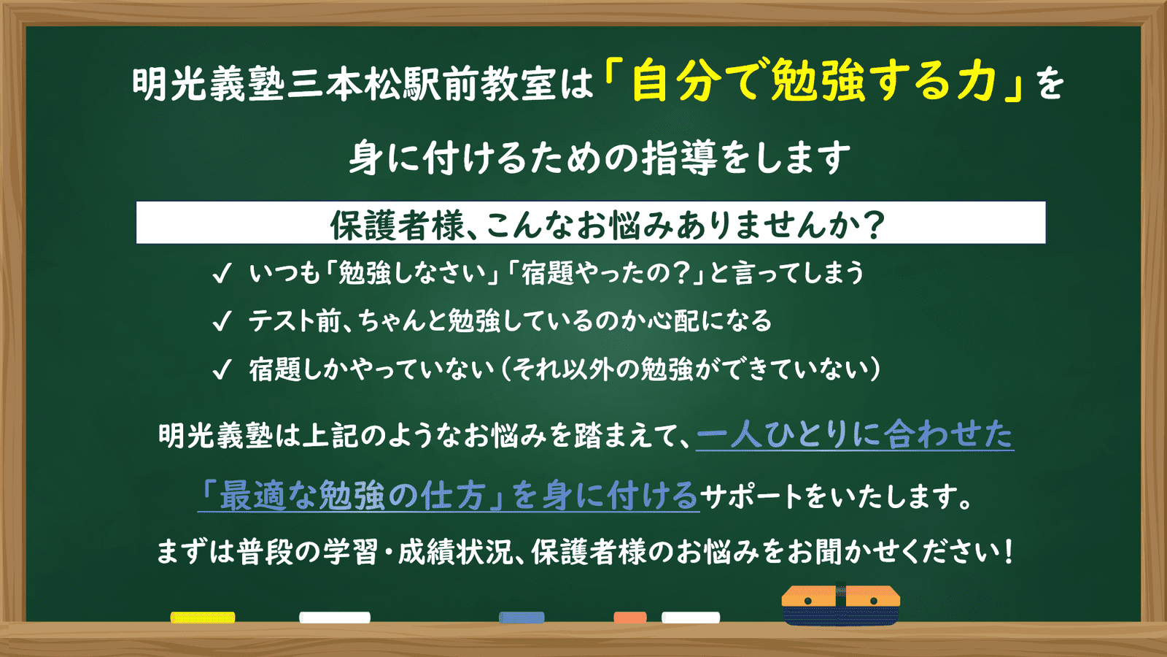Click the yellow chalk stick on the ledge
pyautogui.click(x=203, y=618)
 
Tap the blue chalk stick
pyautogui.click(x=522, y=618)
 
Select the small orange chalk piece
pyautogui.click(x=630, y=618)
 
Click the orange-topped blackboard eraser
pyautogui.click(x=841, y=605)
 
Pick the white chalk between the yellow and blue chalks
pyautogui.click(x=335, y=618)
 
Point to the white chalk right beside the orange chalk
pyautogui.click(x=691, y=618)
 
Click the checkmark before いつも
pyautogui.click(x=222, y=273)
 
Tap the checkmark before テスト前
pyautogui.click(x=222, y=321)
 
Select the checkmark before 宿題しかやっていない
pyautogui.click(x=222, y=369)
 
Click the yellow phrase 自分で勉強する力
pyautogui.click(x=814, y=81)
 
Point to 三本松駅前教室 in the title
pyautogui.click(x=422, y=84)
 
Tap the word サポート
pyautogui.click(x=751, y=496)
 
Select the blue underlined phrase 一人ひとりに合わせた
pyautogui.click(x=855, y=434)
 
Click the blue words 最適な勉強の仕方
pyautogui.click(x=353, y=496)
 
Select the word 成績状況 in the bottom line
pyautogui.click(x=456, y=552)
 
